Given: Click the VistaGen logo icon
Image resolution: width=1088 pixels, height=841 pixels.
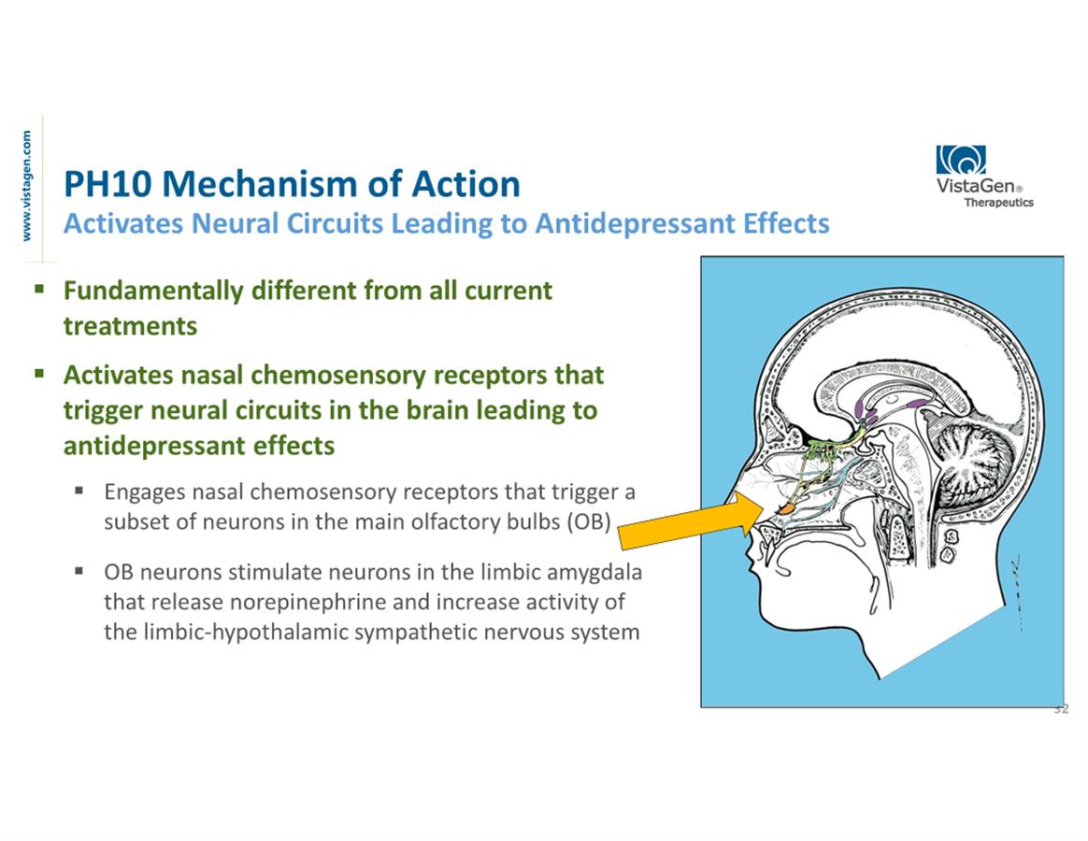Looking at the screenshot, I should click(x=960, y=160).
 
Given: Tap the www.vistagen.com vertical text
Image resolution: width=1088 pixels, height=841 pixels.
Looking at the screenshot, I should click(x=27, y=185).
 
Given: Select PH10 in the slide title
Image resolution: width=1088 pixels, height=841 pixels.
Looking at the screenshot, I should click(x=99, y=184).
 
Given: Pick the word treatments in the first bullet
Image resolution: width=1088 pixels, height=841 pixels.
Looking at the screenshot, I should click(x=130, y=325).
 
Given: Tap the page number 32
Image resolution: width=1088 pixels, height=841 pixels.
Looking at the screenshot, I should click(x=1061, y=710).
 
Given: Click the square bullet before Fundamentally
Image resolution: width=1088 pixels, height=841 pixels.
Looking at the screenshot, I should click(x=39, y=289).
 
